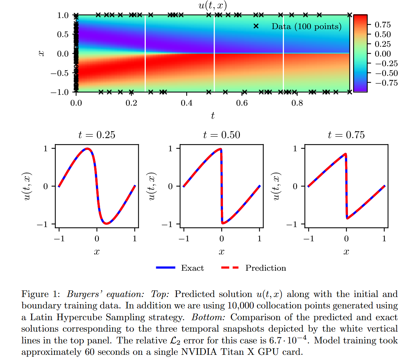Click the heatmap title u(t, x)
click(x=213, y=5)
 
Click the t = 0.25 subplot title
click(x=97, y=135)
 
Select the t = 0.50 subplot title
click(x=222, y=135)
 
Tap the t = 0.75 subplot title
click(x=346, y=135)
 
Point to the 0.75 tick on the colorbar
click(x=383, y=25)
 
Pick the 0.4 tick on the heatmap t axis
click(x=187, y=103)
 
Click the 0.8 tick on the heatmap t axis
click(x=297, y=103)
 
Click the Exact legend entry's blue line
click(x=166, y=268)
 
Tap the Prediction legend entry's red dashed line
click(x=230, y=268)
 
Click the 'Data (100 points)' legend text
click(x=306, y=27)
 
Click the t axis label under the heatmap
click(x=213, y=115)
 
